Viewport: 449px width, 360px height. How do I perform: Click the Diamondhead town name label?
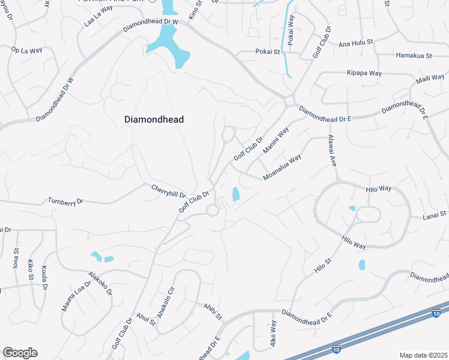tap(154, 119)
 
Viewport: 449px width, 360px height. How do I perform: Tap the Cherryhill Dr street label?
tap(169, 190)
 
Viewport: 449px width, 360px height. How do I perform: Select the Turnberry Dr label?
tap(64, 202)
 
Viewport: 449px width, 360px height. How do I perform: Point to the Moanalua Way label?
tap(282, 169)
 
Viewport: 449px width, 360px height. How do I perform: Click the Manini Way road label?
tap(276, 139)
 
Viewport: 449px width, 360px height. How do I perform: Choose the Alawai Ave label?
tap(331, 151)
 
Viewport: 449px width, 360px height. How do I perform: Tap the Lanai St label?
tap(435, 214)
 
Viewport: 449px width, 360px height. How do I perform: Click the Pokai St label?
tap(268, 52)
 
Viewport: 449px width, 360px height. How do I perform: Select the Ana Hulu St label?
tap(356, 43)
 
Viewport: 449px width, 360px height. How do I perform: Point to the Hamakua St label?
tap(414, 56)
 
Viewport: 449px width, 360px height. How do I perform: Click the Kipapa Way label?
tap(364, 73)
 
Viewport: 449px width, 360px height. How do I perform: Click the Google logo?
tap(20, 353)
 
